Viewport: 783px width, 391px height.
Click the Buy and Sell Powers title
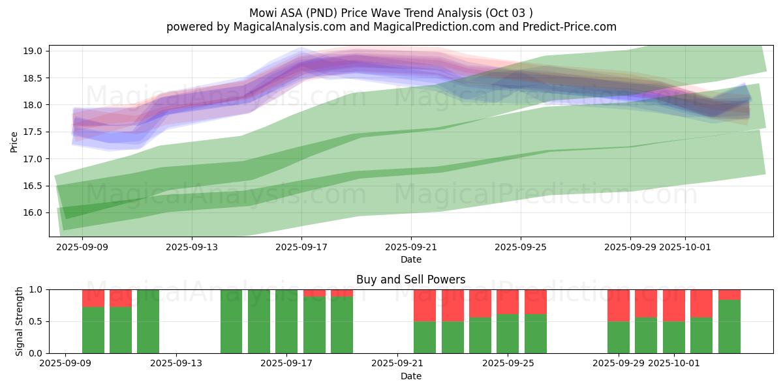[411, 280]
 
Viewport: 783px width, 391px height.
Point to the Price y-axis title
[14, 141]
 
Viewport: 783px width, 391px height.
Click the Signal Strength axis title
[20, 321]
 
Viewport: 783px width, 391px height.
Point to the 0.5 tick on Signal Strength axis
[37, 321]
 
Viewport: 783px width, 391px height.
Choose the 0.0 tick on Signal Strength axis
[37, 353]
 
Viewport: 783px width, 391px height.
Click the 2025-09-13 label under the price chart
[192, 247]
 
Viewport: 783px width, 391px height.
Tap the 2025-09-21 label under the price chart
[411, 247]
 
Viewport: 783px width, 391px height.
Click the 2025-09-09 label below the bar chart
[66, 363]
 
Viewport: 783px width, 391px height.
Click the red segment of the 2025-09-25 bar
[508, 302]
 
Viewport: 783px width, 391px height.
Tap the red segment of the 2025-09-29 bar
[619, 305]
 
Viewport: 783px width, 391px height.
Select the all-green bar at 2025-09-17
[286, 321]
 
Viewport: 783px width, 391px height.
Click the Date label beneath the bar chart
[411, 376]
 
